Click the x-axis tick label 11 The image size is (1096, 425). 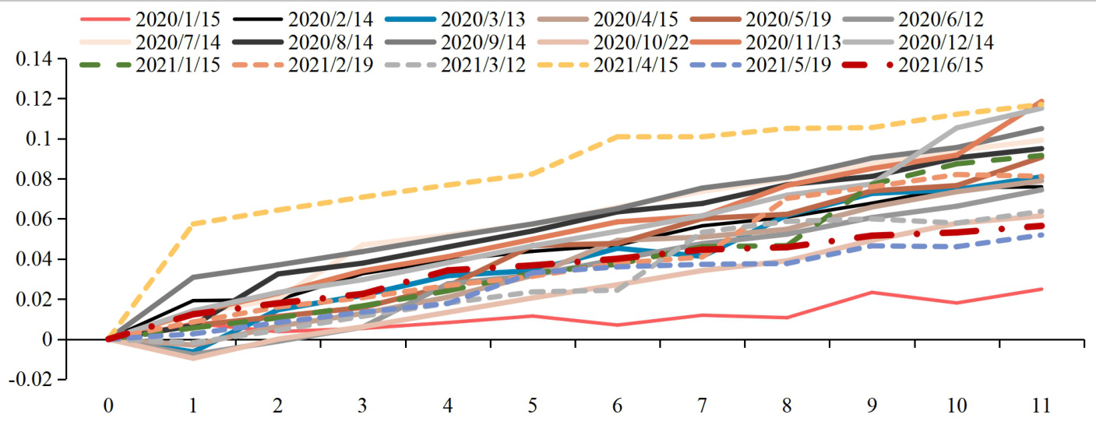point(1042,406)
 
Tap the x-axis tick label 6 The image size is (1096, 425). point(617,406)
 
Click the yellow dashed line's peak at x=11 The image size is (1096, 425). point(1042,104)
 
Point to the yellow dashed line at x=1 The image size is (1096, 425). point(192,224)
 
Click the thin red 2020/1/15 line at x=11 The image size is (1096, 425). point(1042,289)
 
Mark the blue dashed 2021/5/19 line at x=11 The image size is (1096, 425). point(1042,234)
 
